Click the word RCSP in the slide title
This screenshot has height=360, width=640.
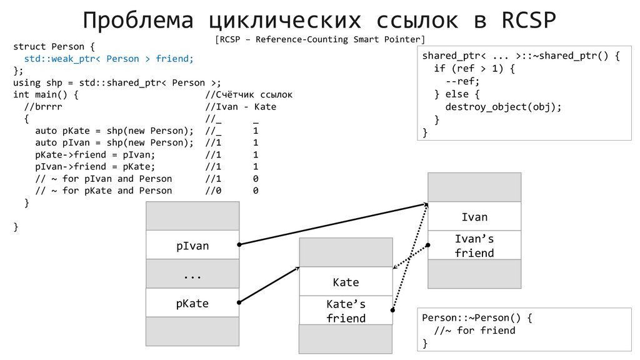pos(529,20)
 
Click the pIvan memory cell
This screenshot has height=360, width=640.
pos(192,246)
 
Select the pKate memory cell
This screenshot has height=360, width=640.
pos(192,304)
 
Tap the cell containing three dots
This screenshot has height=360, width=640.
pos(192,275)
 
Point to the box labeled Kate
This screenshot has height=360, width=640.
pos(346,282)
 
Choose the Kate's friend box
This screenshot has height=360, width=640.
pos(346,311)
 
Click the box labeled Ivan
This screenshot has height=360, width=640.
pos(474,217)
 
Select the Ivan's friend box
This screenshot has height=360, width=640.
pos(474,246)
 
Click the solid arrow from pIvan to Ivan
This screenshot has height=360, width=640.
pos(331,224)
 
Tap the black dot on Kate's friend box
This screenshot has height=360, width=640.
pos(392,309)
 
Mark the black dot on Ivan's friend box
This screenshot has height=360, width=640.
pos(428,245)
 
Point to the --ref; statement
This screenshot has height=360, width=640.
pos(462,81)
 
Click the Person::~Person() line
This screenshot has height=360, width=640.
pos(477,317)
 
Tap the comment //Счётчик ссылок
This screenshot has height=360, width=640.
pos(249,95)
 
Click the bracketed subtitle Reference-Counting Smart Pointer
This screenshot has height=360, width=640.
pos(319,40)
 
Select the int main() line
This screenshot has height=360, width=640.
pos(46,95)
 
